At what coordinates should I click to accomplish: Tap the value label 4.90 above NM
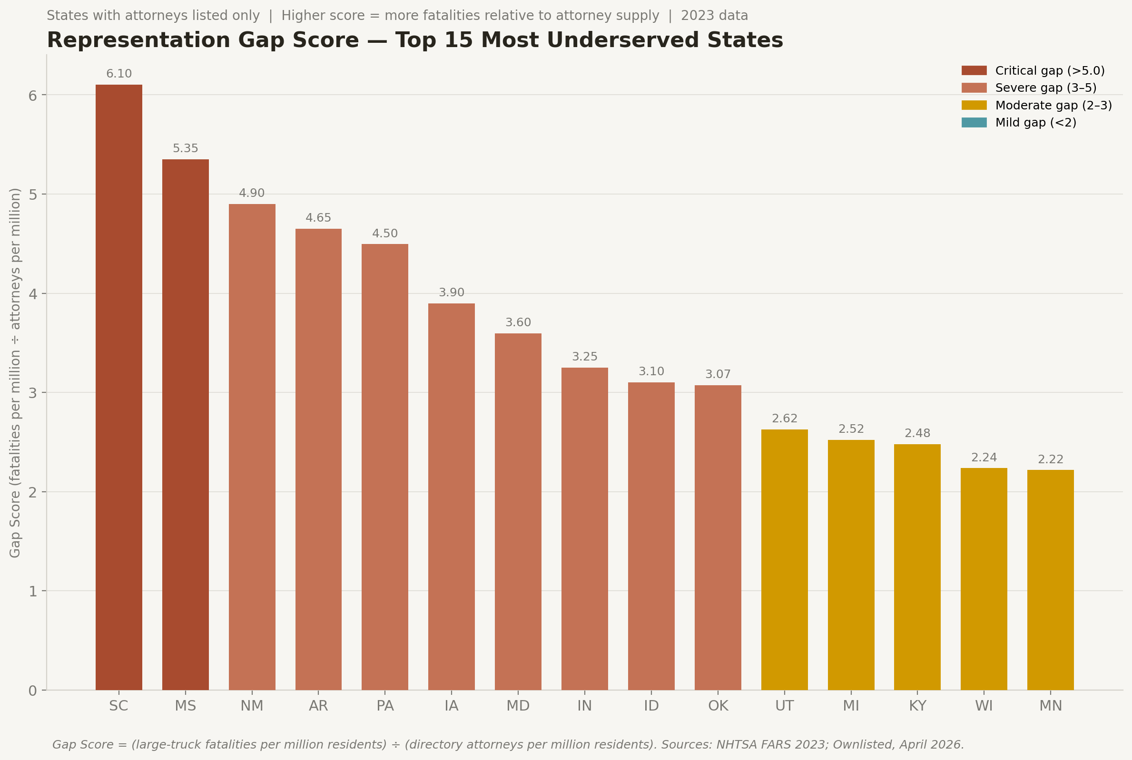(x=252, y=194)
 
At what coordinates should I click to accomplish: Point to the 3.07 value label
(x=718, y=375)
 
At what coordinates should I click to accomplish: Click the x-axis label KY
(x=917, y=706)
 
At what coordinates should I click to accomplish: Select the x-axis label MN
(x=1050, y=706)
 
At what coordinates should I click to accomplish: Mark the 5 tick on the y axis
(x=32, y=195)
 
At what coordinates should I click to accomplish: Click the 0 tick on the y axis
(x=32, y=691)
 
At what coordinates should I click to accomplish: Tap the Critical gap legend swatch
(x=974, y=71)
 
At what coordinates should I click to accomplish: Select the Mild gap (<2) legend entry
(x=1035, y=123)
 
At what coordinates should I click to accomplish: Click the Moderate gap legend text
(x=1053, y=105)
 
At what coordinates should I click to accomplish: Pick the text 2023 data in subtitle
(x=714, y=16)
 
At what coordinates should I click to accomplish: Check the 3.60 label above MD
(x=518, y=323)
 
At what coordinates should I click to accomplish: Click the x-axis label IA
(x=452, y=706)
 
